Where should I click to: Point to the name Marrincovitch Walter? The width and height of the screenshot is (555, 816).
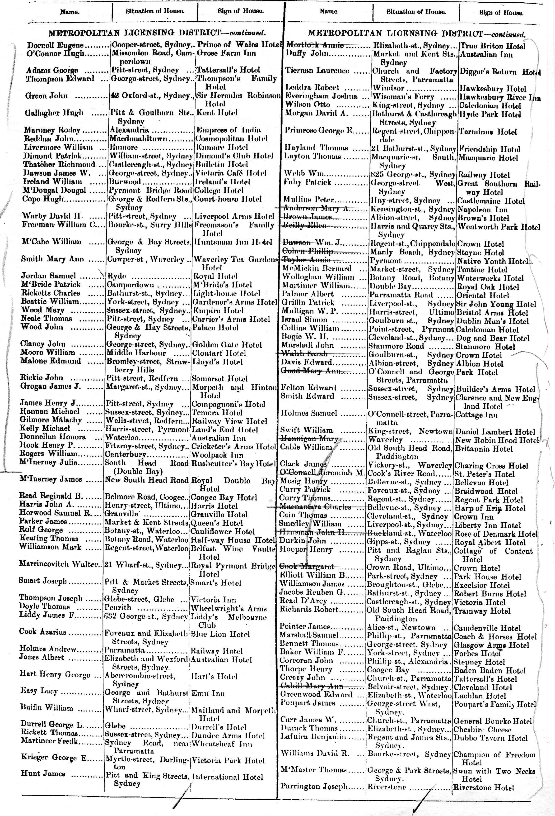(58, 564)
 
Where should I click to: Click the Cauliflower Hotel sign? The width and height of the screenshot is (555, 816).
(223, 532)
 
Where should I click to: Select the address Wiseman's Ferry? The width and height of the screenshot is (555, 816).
(403, 97)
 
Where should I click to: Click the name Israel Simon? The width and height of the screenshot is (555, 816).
(304, 320)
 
